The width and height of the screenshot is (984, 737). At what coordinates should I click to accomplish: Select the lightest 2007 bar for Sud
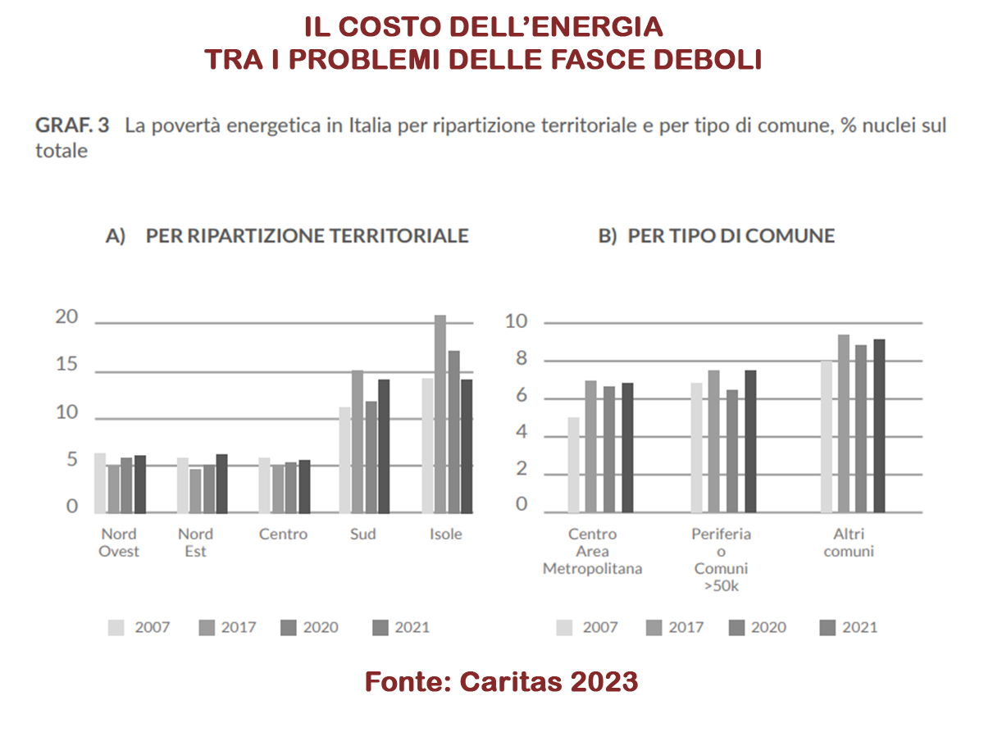(x=345, y=459)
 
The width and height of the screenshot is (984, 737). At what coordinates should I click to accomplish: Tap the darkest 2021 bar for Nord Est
(x=222, y=484)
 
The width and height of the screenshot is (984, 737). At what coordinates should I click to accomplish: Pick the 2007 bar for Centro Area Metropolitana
(x=574, y=464)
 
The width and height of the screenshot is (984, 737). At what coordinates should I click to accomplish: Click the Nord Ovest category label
(x=119, y=543)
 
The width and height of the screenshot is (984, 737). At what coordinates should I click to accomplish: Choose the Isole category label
(x=446, y=535)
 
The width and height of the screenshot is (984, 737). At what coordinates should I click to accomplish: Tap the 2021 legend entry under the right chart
(x=848, y=628)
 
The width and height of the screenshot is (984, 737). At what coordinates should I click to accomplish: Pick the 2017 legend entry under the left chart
(x=228, y=628)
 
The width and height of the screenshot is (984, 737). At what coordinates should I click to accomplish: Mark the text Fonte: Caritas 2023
(x=501, y=681)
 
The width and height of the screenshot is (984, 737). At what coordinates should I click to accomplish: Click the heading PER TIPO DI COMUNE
(x=717, y=236)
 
